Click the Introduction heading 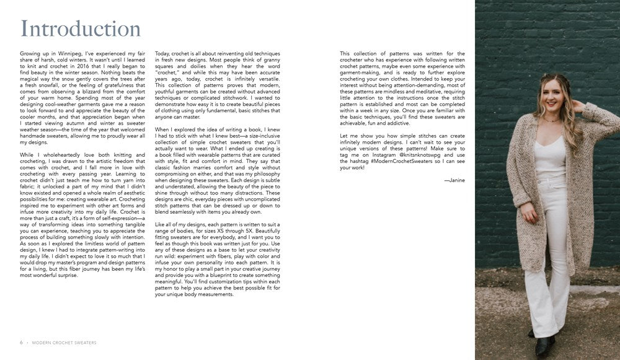point(81,29)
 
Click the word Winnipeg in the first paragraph point(68,54)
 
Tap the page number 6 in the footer point(21,342)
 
